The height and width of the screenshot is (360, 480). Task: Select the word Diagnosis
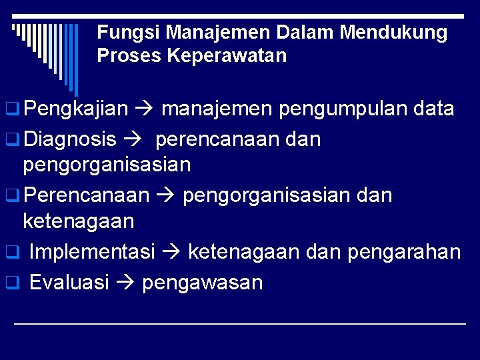click(x=70, y=140)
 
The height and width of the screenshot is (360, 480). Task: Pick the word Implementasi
click(x=92, y=252)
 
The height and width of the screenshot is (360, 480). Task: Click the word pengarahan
click(x=408, y=252)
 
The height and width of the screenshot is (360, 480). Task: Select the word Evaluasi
click(x=69, y=283)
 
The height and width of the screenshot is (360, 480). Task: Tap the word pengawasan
click(x=203, y=283)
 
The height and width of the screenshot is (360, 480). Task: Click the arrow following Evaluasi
click(x=125, y=283)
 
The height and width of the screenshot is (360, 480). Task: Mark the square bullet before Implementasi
click(x=11, y=253)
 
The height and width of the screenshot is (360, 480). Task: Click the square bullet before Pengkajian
click(x=11, y=109)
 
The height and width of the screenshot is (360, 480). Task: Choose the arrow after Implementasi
click(x=171, y=253)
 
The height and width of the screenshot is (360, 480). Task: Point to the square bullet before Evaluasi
click(x=11, y=283)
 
